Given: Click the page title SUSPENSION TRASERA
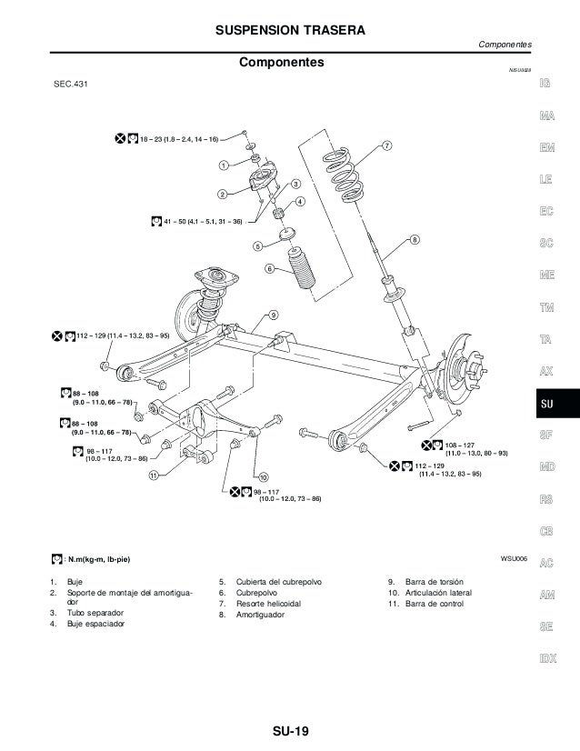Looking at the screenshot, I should pyautogui.click(x=289, y=32).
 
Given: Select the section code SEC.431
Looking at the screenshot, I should pyautogui.click(x=73, y=85).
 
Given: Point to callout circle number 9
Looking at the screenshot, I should pyautogui.click(x=272, y=315).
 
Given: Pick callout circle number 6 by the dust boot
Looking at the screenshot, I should pyautogui.click(x=269, y=268).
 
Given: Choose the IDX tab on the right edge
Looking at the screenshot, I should pyautogui.click(x=547, y=658).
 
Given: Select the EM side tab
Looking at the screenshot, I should pyautogui.click(x=547, y=148).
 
